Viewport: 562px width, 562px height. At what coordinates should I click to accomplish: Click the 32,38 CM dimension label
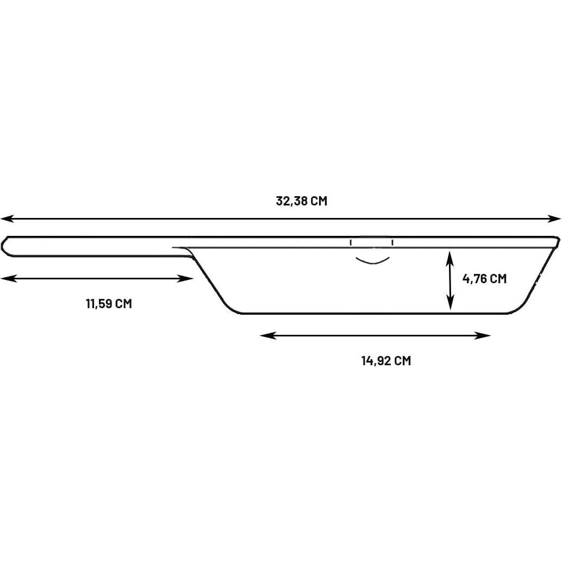(x=302, y=201)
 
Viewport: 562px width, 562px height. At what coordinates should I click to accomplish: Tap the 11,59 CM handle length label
(x=109, y=303)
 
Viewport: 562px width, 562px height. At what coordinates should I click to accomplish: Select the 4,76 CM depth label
(x=484, y=279)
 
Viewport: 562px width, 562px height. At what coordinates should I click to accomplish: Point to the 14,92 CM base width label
(x=386, y=361)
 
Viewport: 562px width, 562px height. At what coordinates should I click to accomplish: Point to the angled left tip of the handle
(x=5, y=246)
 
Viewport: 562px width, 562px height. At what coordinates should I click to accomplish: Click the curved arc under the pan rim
(x=372, y=261)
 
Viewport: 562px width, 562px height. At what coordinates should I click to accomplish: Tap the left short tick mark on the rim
(x=351, y=242)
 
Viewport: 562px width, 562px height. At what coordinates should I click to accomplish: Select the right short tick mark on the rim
(x=392, y=242)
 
